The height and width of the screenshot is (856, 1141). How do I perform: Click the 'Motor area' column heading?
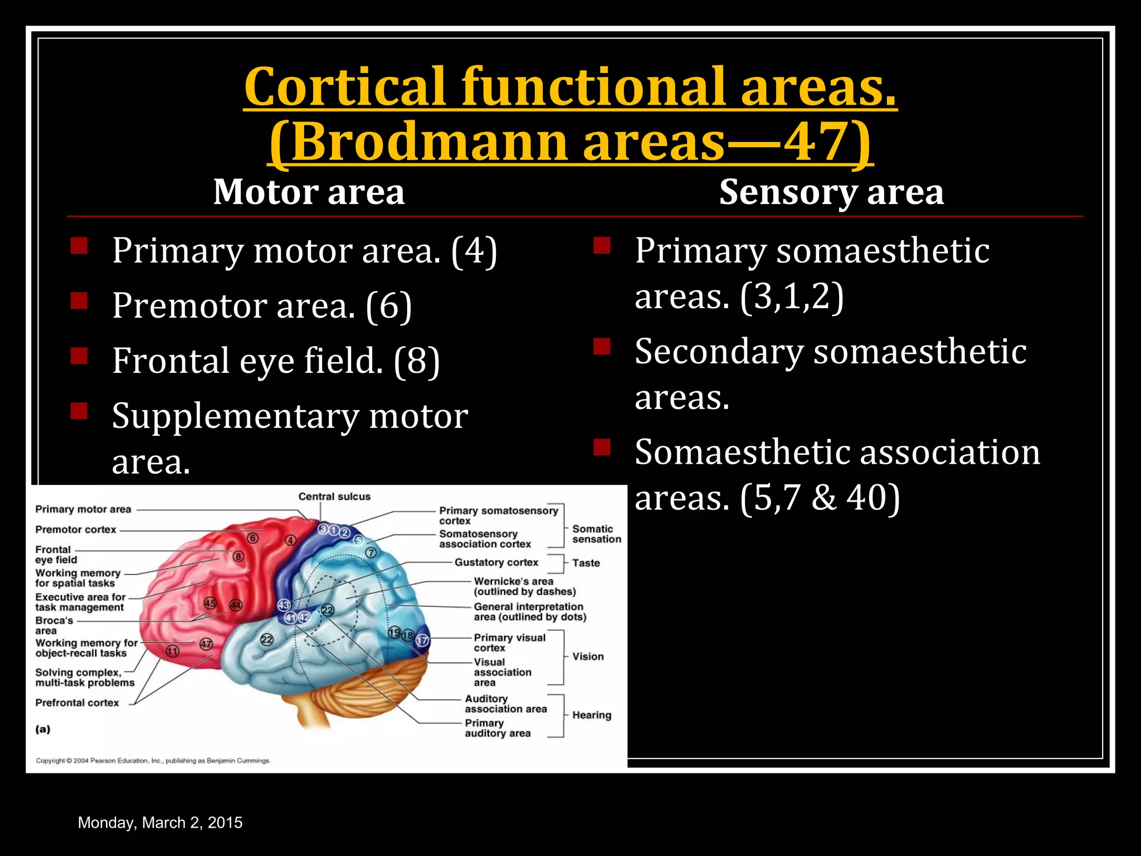coord(309,192)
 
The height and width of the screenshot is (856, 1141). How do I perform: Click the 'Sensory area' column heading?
coord(831,192)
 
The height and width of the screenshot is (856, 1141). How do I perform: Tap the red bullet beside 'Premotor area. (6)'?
coord(79,301)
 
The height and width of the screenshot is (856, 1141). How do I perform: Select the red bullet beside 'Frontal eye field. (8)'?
coord(79,356)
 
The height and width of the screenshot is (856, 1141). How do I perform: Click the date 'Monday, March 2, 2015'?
coord(160,823)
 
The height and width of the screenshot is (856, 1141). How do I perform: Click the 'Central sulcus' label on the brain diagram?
coord(334,497)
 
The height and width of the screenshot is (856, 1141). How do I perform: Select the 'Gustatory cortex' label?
coord(496,562)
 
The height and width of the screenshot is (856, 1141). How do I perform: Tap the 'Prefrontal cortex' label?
coord(77,703)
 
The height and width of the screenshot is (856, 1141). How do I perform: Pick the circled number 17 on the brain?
coord(422,640)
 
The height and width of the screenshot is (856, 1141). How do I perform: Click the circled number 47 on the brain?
coord(206,644)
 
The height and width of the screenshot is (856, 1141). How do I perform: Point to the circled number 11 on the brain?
coord(173,651)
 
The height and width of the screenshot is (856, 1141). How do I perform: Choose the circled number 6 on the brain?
coord(253,538)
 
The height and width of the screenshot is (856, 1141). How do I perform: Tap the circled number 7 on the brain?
coord(371,553)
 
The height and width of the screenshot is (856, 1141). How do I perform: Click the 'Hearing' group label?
coord(592,715)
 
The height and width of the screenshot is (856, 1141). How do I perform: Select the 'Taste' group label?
coord(586,563)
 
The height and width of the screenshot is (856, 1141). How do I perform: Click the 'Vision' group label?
coord(588,656)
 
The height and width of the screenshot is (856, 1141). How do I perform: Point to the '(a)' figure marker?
coord(43,729)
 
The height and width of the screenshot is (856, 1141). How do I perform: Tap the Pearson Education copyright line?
coord(153,761)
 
